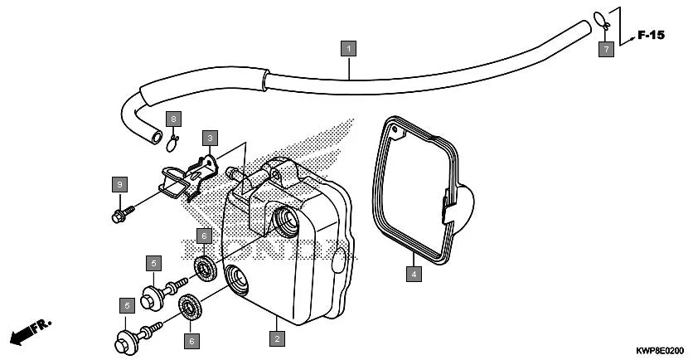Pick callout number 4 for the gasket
point(412,271)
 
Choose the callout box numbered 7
point(606,49)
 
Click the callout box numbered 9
point(119,183)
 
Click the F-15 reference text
point(652,35)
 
